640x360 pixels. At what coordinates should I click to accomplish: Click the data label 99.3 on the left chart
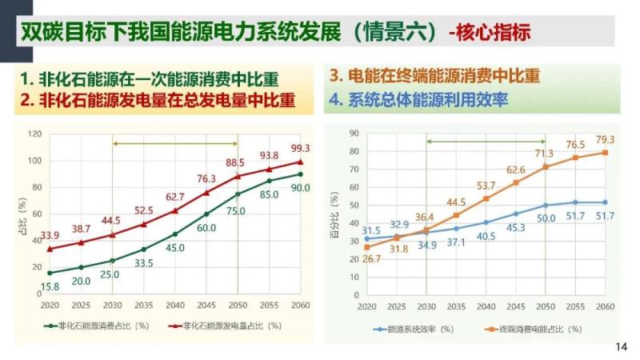pos(300,148)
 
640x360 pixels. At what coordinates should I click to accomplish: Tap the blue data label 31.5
pos(371,230)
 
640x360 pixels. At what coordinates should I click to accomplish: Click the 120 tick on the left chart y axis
pos(34,134)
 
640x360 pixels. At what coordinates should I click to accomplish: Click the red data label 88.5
pos(236,162)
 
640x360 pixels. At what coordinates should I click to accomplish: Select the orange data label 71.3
pos(544,154)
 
